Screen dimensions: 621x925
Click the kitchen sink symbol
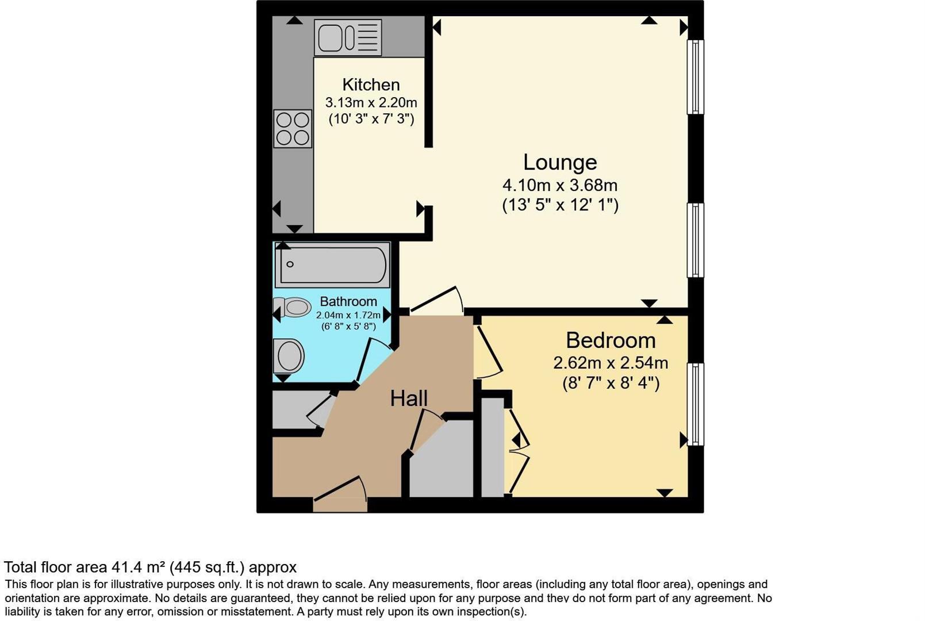348,37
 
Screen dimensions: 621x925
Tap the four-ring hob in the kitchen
293,129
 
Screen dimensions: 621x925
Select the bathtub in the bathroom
332,264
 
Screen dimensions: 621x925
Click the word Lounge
560,162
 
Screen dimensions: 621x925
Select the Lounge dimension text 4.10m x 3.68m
560,185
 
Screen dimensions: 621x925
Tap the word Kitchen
371,85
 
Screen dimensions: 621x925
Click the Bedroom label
611,340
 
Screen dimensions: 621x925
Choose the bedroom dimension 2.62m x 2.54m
611,363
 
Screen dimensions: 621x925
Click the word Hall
409,398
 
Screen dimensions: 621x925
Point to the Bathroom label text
348,301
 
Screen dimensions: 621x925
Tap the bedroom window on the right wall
695,404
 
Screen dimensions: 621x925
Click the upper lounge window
695,77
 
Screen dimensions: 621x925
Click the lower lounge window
695,240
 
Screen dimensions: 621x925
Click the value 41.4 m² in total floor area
137,568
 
